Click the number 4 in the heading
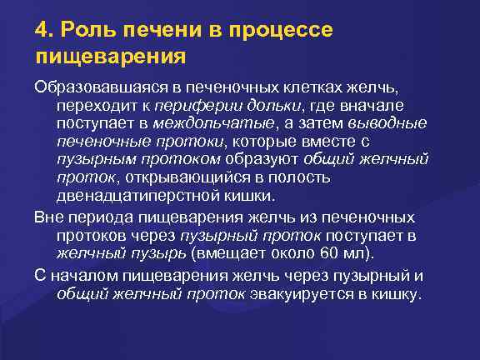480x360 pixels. [x=41, y=30]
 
